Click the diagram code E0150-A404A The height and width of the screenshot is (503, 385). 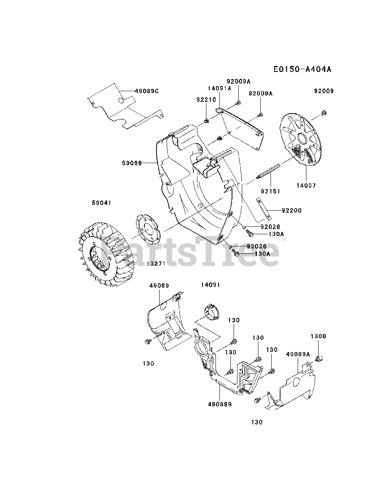point(302,70)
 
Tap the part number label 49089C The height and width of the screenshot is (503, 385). point(146,91)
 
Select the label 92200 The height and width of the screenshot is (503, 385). point(291,211)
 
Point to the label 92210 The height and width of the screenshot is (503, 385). point(206,100)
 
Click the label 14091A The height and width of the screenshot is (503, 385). point(219,88)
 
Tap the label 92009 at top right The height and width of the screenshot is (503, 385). point(324,91)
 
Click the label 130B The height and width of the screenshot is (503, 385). point(318,336)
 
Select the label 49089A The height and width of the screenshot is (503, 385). point(298,354)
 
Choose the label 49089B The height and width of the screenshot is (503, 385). point(220,404)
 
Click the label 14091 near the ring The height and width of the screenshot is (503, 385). point(210,285)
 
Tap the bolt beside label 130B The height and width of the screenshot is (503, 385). point(320,358)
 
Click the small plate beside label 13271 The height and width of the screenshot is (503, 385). point(149,228)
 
